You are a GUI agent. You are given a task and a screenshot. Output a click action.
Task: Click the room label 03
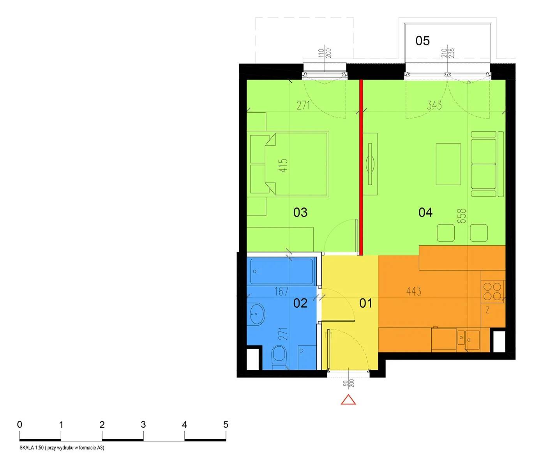click(300, 212)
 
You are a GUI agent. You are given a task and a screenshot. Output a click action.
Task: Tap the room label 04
click(425, 212)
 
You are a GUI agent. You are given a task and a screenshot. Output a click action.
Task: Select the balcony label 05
click(422, 41)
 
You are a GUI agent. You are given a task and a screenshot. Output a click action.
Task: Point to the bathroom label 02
click(300, 303)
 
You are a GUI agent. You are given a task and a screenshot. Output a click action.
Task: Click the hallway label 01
click(366, 303)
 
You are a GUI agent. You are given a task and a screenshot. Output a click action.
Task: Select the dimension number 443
click(413, 291)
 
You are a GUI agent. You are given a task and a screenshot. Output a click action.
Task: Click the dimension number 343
click(434, 105)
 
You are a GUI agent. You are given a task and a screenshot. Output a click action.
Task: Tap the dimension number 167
click(281, 291)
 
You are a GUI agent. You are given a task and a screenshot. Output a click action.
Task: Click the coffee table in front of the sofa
click(448, 164)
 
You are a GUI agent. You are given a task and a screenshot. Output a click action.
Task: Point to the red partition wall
click(361, 167)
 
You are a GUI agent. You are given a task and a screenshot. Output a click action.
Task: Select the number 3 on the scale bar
click(143, 425)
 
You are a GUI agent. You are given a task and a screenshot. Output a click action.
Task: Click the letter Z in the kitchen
click(487, 310)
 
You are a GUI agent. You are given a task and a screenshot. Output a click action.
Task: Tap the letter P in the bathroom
click(301, 352)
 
